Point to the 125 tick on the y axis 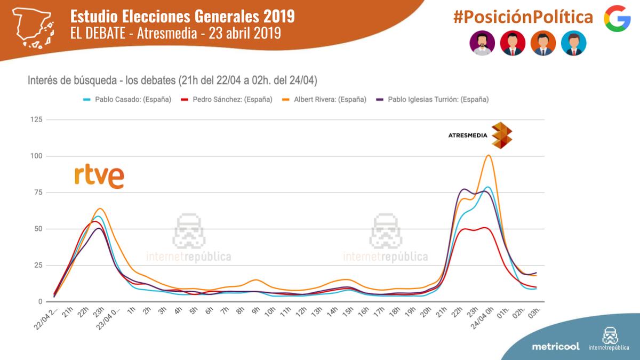35,120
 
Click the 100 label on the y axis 35,156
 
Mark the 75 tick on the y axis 37,193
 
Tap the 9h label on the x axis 255,312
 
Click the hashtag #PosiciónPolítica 523,17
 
